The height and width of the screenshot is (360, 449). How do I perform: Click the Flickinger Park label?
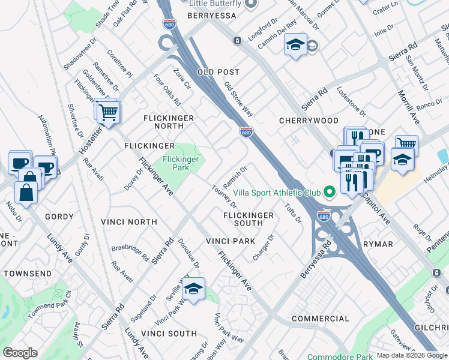(181, 163)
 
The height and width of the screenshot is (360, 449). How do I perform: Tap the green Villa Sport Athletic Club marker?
(328, 193)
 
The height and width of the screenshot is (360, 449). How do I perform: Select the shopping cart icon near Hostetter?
(109, 112)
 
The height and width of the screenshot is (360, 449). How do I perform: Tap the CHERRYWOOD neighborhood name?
(309, 121)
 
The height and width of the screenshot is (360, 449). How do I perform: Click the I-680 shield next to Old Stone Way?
(246, 132)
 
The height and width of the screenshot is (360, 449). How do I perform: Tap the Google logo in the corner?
(20, 353)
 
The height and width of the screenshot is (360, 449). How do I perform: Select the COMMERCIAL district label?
(320, 318)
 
